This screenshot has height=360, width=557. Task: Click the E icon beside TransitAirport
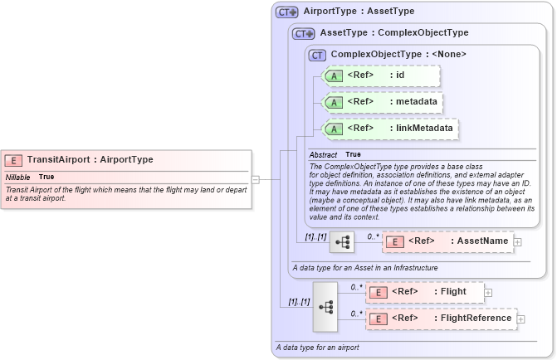click(14, 160)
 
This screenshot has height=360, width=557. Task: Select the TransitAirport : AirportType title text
click(90, 160)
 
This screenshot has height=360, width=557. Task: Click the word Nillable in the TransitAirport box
click(18, 178)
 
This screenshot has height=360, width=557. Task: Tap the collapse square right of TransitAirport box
click(256, 179)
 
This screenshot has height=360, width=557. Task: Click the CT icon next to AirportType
click(287, 12)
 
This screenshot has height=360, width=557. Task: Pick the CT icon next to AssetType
click(304, 34)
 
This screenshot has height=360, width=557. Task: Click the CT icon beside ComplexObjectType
click(317, 56)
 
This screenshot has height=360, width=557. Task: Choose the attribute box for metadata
click(383, 103)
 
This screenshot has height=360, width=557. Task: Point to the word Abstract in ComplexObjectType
click(323, 155)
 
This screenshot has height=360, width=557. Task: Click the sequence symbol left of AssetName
click(342, 242)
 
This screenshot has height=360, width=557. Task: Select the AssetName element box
click(447, 242)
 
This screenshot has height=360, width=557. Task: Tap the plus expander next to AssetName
click(518, 242)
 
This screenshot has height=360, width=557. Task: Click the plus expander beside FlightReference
click(521, 319)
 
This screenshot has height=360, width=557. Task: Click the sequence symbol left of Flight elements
click(325, 306)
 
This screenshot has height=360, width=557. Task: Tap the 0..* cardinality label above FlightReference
click(356, 314)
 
